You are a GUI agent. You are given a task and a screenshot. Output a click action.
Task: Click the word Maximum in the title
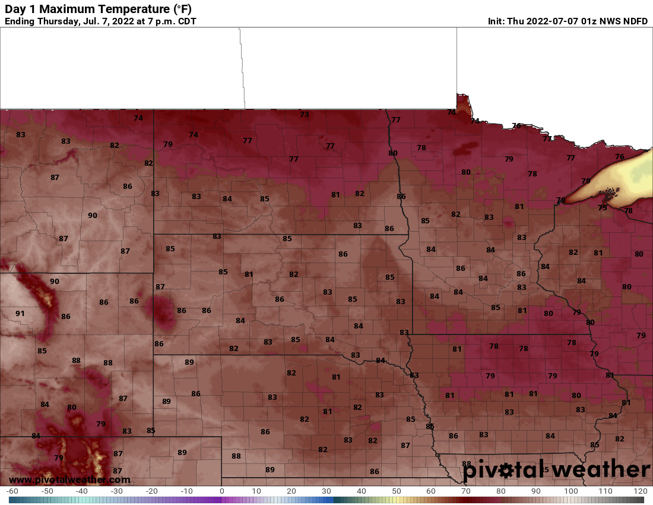pyautogui.click(x=63, y=10)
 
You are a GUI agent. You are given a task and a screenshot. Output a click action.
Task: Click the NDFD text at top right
pyautogui.click(x=635, y=21)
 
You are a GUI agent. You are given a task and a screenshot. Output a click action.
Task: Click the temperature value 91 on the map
pyautogui.click(x=20, y=313)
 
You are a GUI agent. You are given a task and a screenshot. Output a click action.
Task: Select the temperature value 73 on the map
pyautogui.click(x=305, y=114)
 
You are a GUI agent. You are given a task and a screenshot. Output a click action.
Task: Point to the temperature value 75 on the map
pyautogui.click(x=603, y=208)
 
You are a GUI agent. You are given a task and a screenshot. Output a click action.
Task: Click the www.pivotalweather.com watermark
pyautogui.click(x=69, y=479)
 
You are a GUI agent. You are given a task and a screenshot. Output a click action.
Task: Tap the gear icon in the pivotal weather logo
pyautogui.click(x=506, y=471)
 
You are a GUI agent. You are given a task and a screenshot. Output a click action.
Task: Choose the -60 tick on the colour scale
pyautogui.click(x=12, y=491)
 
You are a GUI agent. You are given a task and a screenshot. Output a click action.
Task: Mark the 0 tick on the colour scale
pyautogui.click(x=221, y=491)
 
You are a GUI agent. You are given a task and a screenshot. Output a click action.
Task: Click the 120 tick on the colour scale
pyautogui.click(x=640, y=491)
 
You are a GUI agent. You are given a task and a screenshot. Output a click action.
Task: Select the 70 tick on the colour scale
pyautogui.click(x=466, y=491)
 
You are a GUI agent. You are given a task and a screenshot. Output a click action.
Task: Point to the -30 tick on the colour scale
pyautogui.click(x=117, y=491)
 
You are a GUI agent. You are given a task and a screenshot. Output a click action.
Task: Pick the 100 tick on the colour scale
pyautogui.click(x=570, y=491)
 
